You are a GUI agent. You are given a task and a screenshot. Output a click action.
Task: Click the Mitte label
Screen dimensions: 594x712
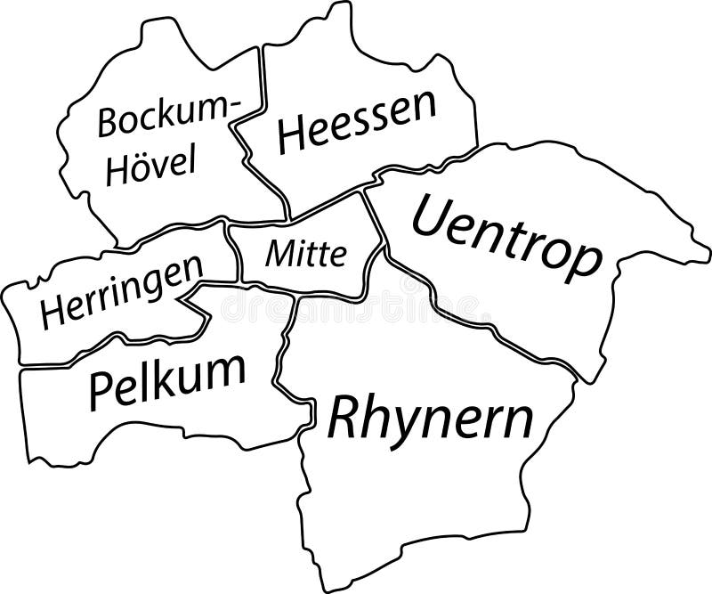[306, 256]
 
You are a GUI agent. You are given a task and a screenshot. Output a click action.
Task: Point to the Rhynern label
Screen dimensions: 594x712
[432, 417]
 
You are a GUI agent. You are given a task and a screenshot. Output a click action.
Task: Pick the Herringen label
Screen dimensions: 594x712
[121, 296]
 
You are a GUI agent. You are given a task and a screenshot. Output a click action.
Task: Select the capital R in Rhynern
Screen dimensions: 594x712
[343, 419]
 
